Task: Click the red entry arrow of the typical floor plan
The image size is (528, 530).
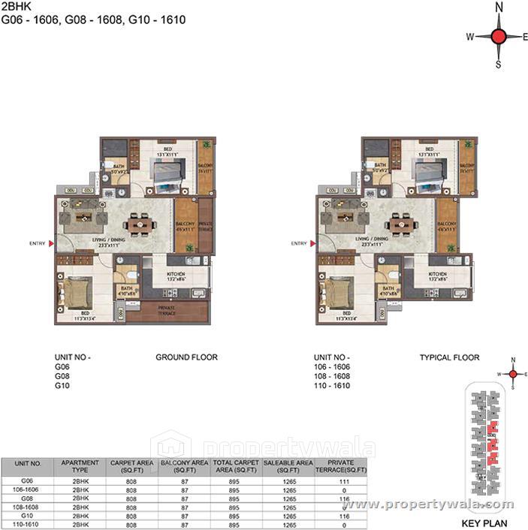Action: (x=312, y=243)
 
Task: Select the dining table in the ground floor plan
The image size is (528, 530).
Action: (x=137, y=224)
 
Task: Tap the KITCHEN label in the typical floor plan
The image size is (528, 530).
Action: (x=438, y=275)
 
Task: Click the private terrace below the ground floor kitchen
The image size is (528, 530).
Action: (x=167, y=310)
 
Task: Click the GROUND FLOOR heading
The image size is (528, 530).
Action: (x=186, y=357)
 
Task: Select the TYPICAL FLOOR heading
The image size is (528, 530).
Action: (x=449, y=357)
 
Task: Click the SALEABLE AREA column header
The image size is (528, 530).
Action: (x=288, y=465)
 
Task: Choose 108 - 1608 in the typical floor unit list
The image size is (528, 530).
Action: (x=332, y=376)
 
